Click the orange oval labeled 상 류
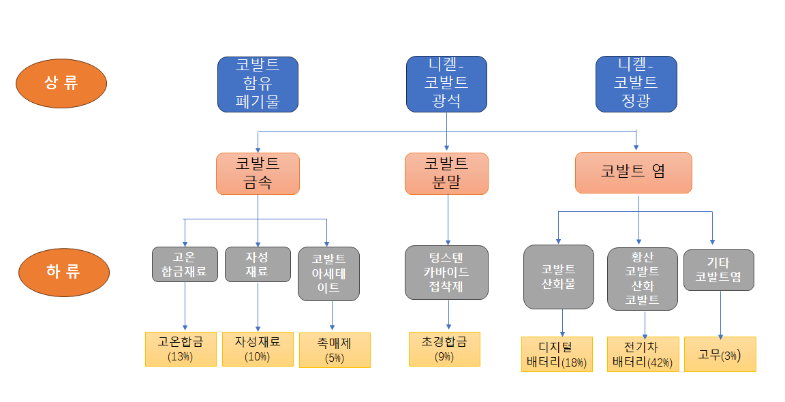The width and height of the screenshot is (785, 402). tap(62, 83)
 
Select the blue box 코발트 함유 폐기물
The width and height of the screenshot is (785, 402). tap(258, 84)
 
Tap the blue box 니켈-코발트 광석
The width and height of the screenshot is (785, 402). tap(446, 84)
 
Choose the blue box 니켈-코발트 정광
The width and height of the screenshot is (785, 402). tap(636, 84)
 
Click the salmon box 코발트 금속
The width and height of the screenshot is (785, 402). tap(258, 173)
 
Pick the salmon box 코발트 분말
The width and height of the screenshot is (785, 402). tap(446, 173)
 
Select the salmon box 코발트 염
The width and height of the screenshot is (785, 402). tap(633, 172)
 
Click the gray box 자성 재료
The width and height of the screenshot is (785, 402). tap(258, 264)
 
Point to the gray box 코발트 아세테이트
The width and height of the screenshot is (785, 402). tap(328, 274)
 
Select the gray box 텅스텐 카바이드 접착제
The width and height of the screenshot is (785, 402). tap(446, 272)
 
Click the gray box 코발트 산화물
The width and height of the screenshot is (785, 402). tap(558, 277)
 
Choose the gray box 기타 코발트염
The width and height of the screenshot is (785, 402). tap(718, 270)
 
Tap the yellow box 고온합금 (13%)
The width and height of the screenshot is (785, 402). tap(181, 349)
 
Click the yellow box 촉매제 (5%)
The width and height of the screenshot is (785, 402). tap(335, 350)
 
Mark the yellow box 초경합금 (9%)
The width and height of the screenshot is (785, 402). tap(444, 349)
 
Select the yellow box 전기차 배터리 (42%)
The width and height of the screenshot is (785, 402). tap(643, 354)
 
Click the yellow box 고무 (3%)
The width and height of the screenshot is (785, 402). tap(720, 354)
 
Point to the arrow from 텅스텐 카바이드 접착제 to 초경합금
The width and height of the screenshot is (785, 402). tap(448, 315)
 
